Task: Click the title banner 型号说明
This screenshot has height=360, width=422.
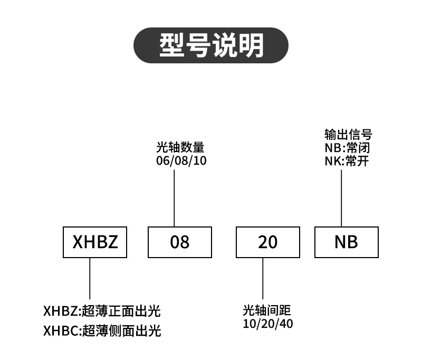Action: pos(211,45)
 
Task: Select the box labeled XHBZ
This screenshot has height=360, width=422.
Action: pos(95,242)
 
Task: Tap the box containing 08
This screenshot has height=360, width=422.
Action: pos(180,242)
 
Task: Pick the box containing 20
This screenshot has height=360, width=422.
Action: pos(267,242)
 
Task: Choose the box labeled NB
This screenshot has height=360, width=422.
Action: pos(346,242)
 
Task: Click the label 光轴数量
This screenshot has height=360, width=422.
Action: pos(180,147)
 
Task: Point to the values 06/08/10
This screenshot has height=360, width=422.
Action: pos(181,160)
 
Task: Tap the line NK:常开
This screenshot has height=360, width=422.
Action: pos(346,161)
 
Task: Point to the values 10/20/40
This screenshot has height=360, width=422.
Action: pos(268,323)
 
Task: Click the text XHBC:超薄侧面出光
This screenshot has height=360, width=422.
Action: pos(101,331)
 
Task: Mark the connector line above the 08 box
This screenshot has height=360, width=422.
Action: pos(174,198)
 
